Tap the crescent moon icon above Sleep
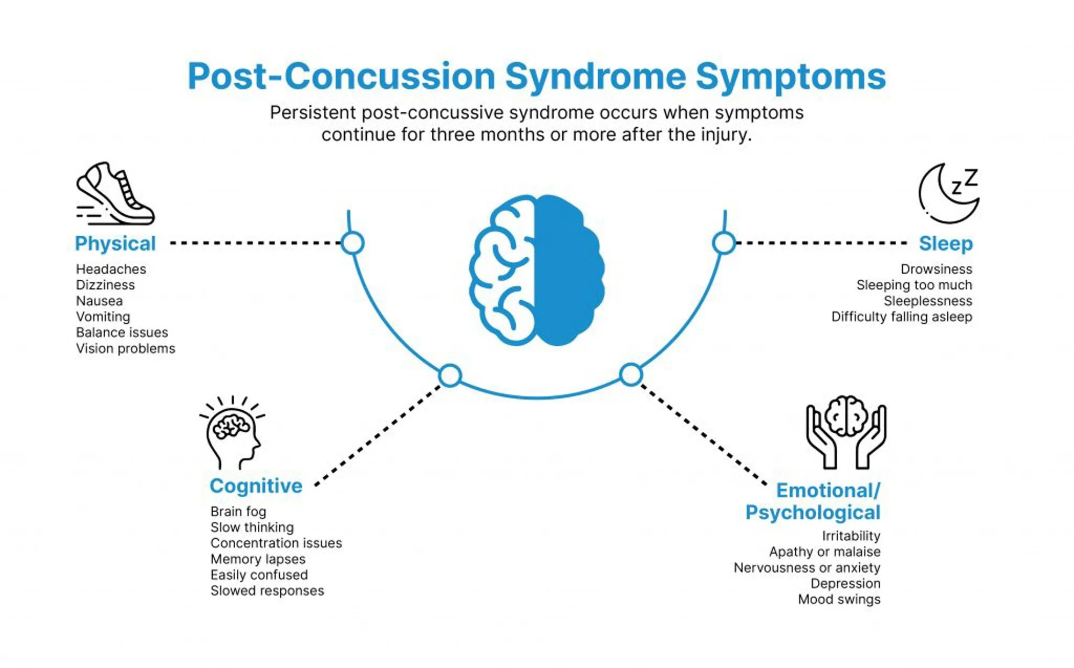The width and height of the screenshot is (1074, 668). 948,194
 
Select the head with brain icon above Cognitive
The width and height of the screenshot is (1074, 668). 232,434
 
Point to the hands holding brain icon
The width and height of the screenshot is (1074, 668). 846,432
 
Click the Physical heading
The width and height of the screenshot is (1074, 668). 115,244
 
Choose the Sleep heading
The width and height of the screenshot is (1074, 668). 946,244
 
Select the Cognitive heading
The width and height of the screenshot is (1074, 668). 256,486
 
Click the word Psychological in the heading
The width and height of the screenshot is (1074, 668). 812,513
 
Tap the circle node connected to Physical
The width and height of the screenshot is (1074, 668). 353,243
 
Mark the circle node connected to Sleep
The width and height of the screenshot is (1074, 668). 723,243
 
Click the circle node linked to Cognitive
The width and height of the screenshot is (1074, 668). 450,375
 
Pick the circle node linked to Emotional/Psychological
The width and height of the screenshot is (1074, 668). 631,375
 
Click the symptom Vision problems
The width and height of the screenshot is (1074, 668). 126,348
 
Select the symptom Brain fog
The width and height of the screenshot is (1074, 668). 238,512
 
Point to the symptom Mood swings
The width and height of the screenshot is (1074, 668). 839,599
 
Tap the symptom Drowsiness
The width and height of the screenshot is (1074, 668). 936,269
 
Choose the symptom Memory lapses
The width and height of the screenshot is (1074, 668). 258,559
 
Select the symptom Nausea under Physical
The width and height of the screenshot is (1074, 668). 99,301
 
